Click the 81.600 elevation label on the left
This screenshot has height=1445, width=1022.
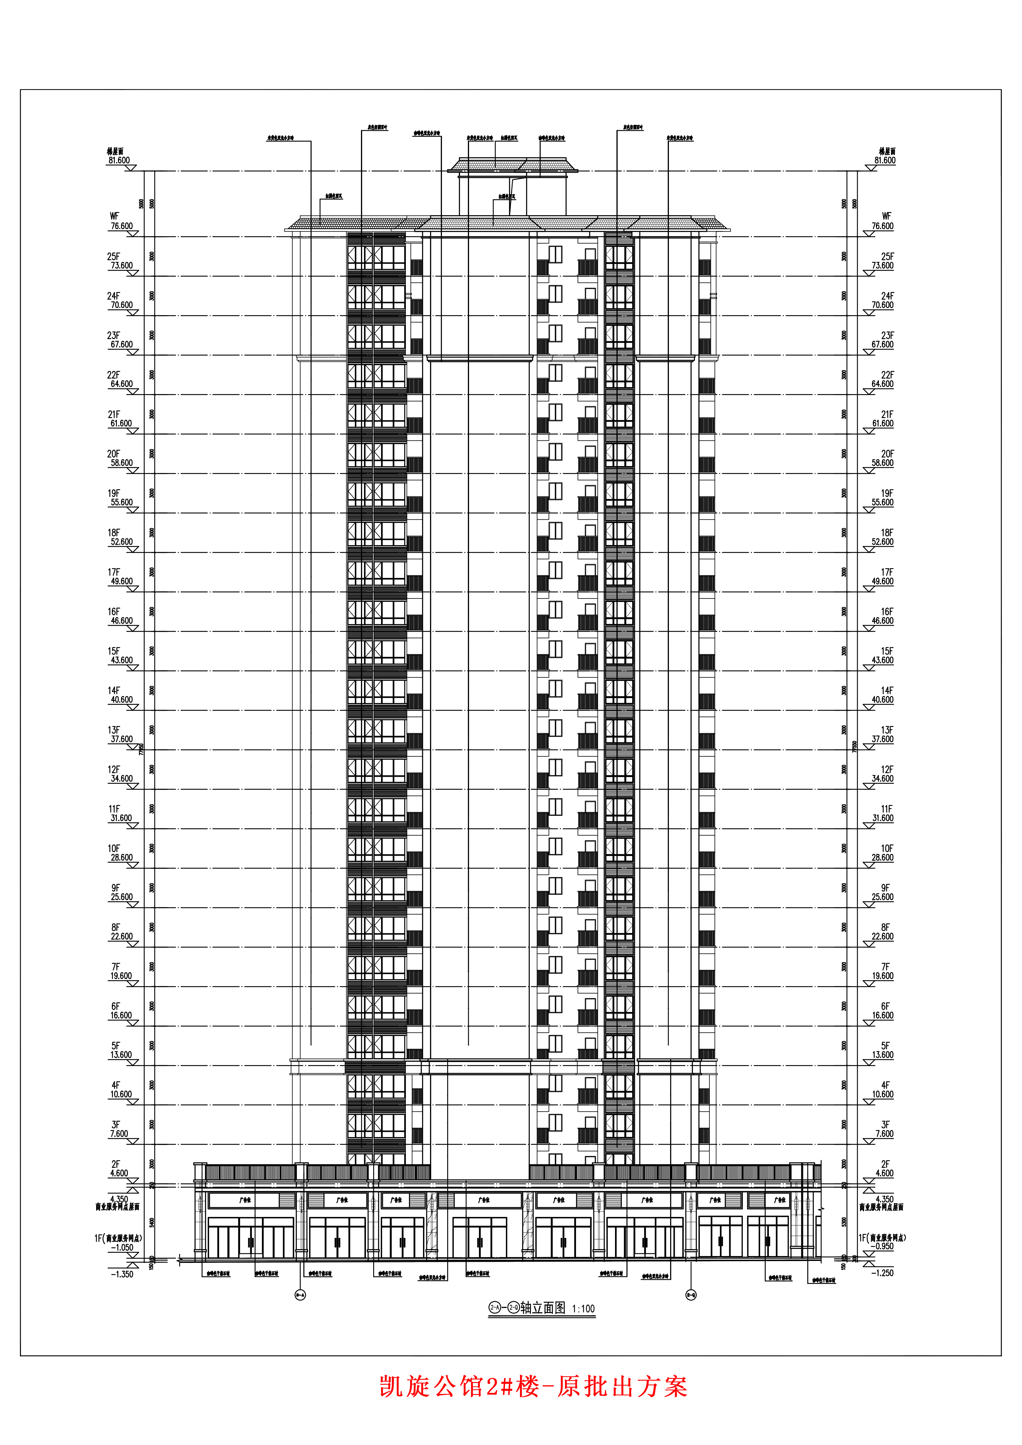click(x=119, y=160)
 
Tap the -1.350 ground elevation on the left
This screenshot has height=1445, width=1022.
click(x=122, y=1274)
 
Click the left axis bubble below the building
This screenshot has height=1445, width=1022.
click(x=300, y=1295)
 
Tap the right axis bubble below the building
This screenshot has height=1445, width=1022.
click(x=691, y=1295)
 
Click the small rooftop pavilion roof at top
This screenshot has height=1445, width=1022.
click(x=513, y=165)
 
